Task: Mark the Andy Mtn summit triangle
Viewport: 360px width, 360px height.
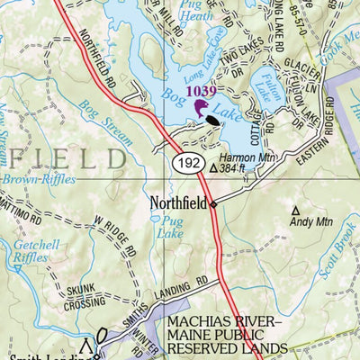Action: point(295,212)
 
